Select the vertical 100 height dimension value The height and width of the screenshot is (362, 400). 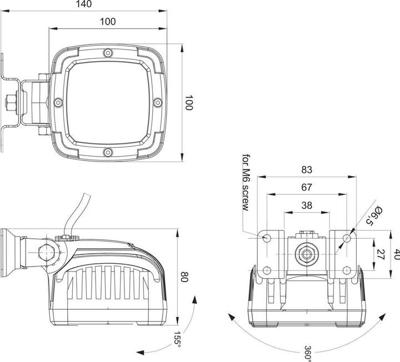pyautogui.click(x=189, y=103)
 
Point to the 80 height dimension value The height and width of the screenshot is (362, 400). pyautogui.click(x=184, y=276)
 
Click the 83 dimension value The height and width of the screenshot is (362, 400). pyautogui.click(x=307, y=169)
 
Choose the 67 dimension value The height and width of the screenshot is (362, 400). pyautogui.click(x=307, y=187)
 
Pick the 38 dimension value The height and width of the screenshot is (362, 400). pyautogui.click(x=306, y=205)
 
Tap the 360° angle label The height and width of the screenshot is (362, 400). pyautogui.click(x=307, y=352)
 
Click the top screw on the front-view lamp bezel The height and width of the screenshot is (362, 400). pyautogui.click(x=108, y=53)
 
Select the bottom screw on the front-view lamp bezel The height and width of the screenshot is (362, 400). pyautogui.click(x=108, y=152)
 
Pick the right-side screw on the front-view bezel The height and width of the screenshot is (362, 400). pyautogui.click(x=157, y=102)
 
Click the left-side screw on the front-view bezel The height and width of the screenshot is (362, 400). pyautogui.click(x=58, y=102)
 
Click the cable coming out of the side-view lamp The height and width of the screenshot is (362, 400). pyautogui.click(x=74, y=214)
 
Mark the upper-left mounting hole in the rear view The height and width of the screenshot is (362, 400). pyautogui.click(x=267, y=238)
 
